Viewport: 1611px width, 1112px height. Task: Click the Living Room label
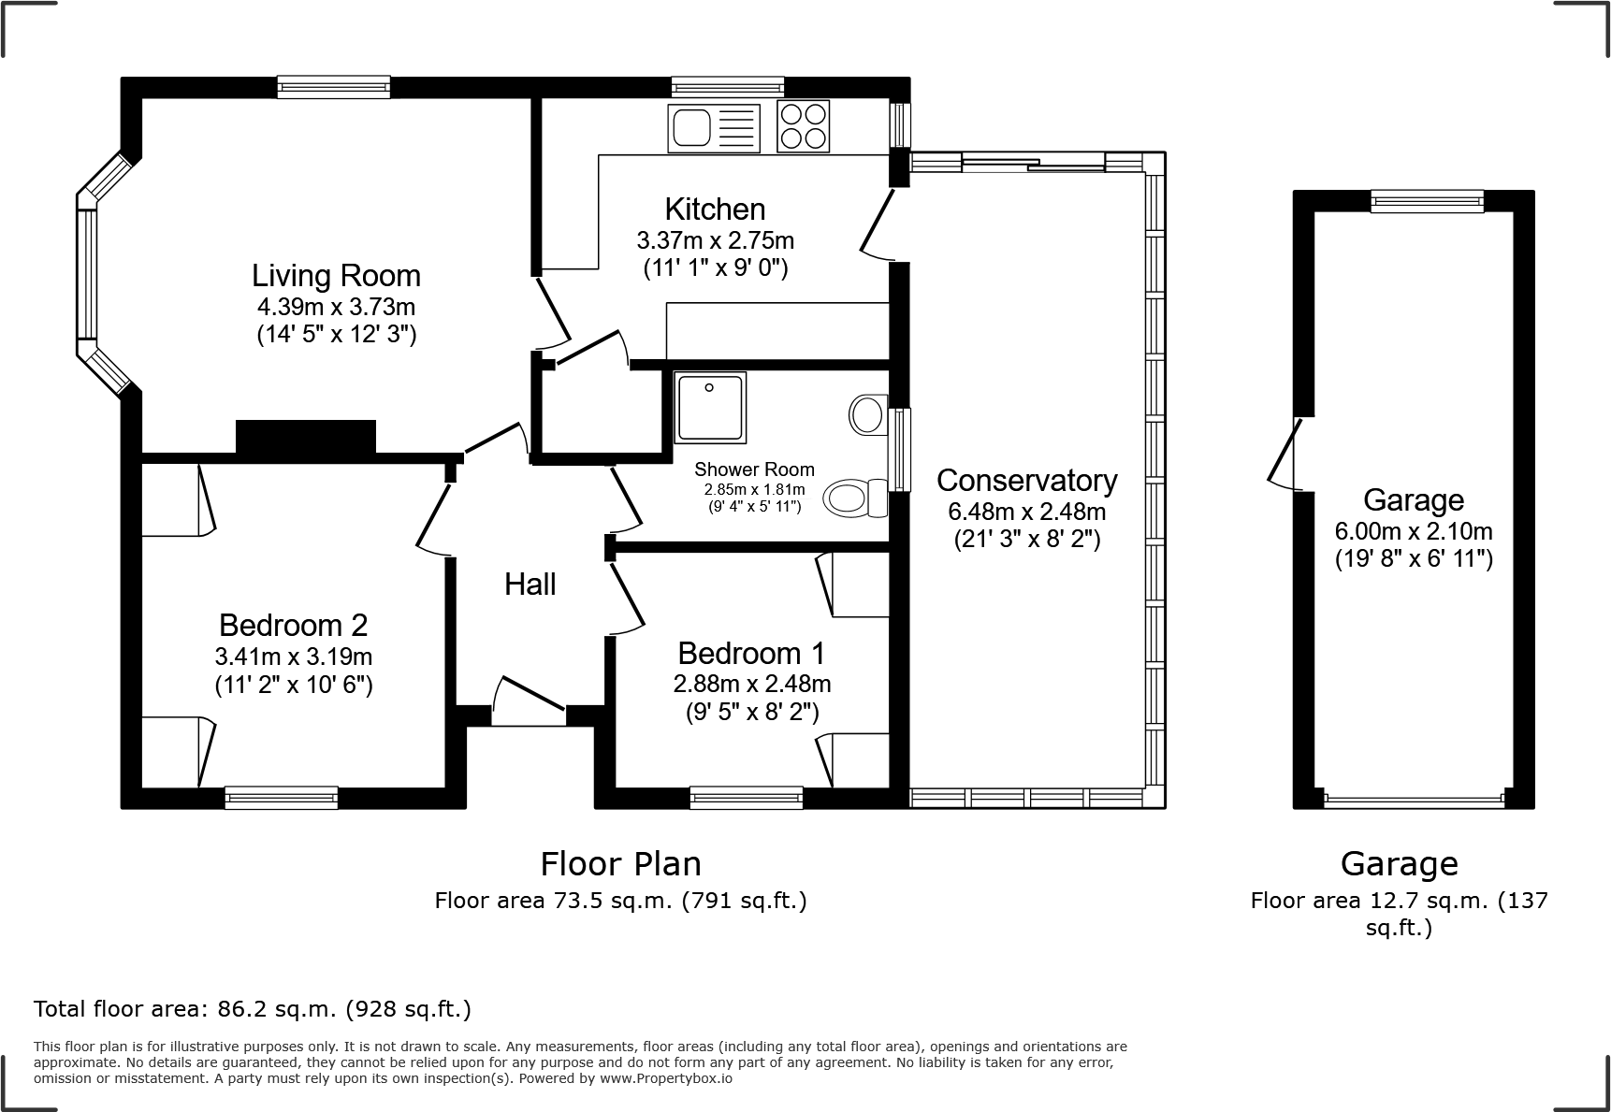click(336, 276)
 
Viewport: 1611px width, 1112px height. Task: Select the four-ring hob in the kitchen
click(804, 126)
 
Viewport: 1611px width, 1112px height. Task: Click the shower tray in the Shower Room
click(711, 407)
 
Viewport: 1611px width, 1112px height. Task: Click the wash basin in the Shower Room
click(867, 413)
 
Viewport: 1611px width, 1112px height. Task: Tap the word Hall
click(530, 585)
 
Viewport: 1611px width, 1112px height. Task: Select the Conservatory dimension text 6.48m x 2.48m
click(1026, 512)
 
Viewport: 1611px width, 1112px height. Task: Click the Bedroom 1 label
click(752, 653)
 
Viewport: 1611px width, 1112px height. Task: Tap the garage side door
click(1286, 454)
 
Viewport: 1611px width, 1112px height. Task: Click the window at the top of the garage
click(1427, 200)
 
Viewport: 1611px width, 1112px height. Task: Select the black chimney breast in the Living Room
click(306, 438)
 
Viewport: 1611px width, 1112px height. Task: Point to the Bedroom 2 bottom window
click(281, 798)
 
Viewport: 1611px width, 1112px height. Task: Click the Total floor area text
click(252, 1009)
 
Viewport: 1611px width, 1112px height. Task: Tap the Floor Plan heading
click(620, 863)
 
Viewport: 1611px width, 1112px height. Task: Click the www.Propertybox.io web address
click(665, 1078)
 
